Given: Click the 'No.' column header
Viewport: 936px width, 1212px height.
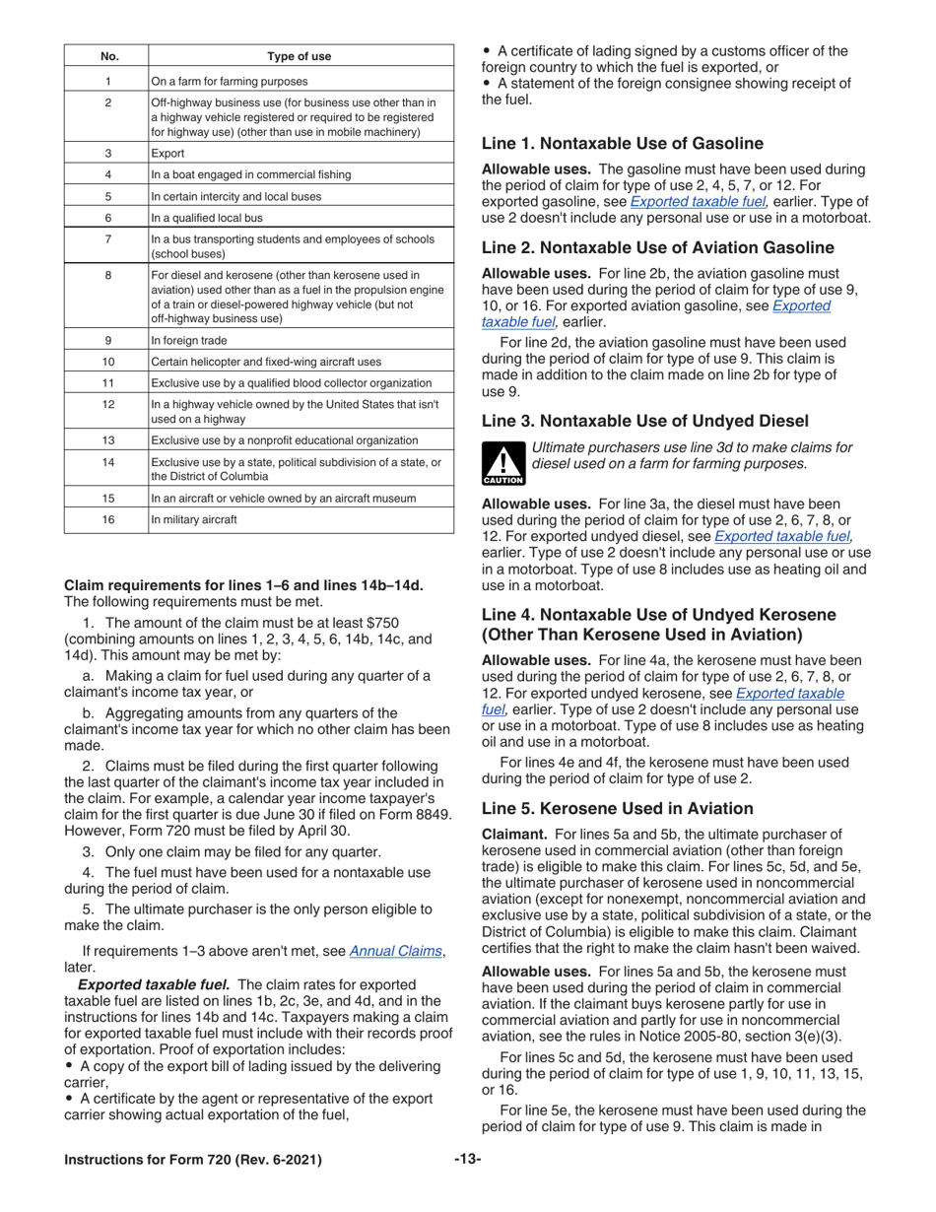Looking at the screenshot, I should point(106,56).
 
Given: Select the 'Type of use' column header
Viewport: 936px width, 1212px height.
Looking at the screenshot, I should point(300,56).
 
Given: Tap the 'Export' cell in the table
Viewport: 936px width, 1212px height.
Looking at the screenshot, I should point(167,153).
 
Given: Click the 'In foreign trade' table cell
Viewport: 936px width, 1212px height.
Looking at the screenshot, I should point(189,340).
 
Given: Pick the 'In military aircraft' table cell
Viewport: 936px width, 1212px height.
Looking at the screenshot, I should point(194,519).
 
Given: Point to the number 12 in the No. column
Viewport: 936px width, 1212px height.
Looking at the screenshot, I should point(106,404).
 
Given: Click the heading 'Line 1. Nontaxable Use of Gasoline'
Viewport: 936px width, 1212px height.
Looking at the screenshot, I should point(622,144).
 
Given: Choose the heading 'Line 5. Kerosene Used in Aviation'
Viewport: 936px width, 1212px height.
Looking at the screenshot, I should point(617,808).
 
